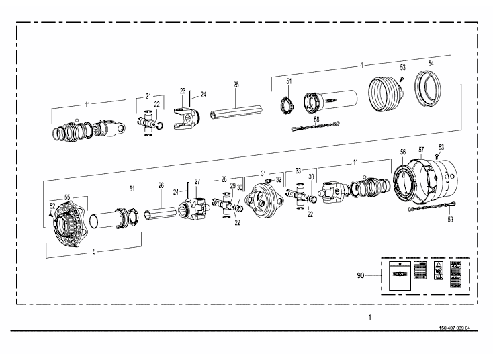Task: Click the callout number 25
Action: [x=236, y=85]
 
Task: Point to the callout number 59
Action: [x=449, y=219]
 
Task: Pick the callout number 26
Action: [x=161, y=185]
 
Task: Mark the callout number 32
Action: [x=278, y=180]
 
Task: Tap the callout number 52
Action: [x=52, y=206]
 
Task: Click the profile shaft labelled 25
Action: [x=233, y=110]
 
